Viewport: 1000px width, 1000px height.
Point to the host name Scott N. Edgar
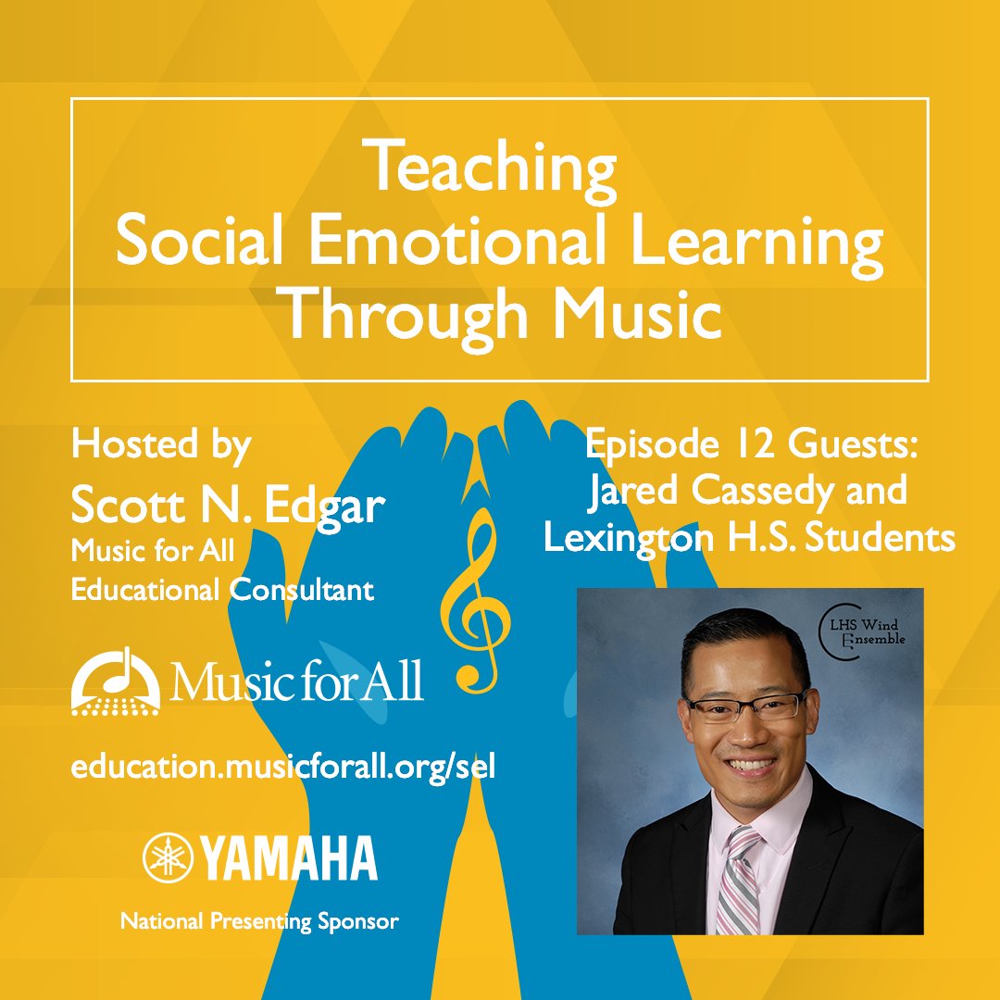(228, 506)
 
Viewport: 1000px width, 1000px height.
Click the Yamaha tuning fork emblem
(167, 856)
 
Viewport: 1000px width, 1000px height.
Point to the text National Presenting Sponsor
(259, 921)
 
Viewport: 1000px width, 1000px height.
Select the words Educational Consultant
(223, 590)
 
